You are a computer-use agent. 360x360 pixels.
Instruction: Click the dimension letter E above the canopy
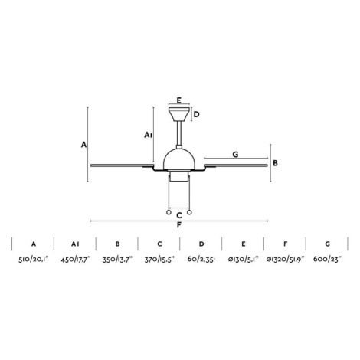[x=179, y=100]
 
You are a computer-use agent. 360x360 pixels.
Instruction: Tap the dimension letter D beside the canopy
[x=196, y=114]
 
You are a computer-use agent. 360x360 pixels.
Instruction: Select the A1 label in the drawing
[x=148, y=135]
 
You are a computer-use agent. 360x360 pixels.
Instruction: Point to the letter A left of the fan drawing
[x=83, y=145]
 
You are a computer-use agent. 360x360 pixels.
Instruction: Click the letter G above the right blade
[x=235, y=154]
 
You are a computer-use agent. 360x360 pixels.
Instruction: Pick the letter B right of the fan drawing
[x=275, y=163]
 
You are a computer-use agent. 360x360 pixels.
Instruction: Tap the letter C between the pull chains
[x=179, y=215]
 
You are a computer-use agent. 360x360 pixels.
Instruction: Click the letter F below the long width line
[x=179, y=225]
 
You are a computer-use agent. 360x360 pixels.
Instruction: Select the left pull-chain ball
[x=169, y=212]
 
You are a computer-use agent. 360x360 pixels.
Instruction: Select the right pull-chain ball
[x=189, y=212]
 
